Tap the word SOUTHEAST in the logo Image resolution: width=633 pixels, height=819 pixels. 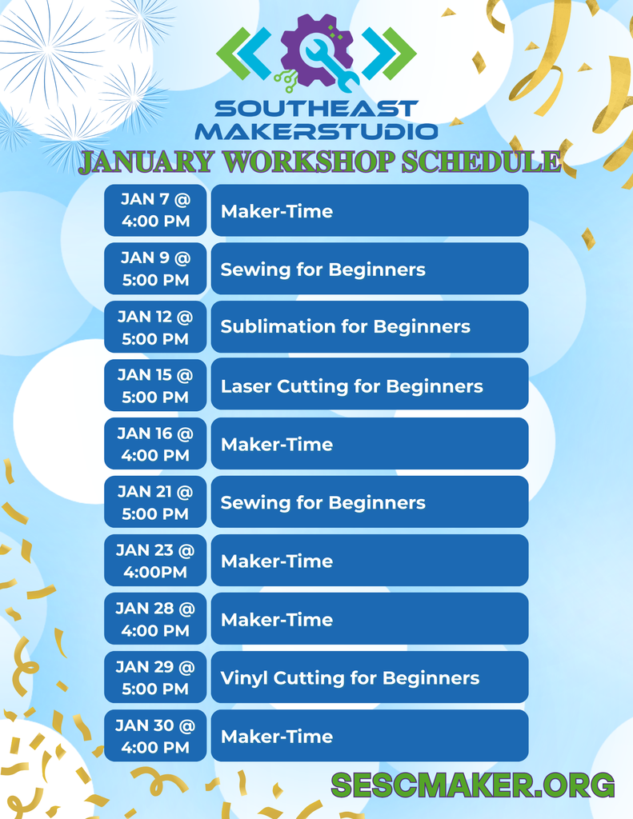pos(316,109)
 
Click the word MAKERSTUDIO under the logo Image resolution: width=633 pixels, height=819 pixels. pos(316,131)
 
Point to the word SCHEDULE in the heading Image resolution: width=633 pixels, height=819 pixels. pos(480,161)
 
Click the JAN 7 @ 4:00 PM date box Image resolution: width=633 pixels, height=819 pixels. pos(155,210)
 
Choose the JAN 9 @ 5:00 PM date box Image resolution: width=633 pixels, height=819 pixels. pos(155,269)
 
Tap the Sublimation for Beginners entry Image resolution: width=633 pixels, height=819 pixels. pos(369,327)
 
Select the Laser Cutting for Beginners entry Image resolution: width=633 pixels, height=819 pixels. pos(369,386)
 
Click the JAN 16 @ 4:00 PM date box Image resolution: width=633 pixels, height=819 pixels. pos(155,444)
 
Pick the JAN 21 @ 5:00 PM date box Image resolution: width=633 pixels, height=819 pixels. pos(155,502)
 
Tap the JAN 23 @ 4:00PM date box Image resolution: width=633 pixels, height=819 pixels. pos(155,561)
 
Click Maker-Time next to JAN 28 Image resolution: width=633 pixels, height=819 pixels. pos(369,619)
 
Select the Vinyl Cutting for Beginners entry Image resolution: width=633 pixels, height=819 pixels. pos(369,678)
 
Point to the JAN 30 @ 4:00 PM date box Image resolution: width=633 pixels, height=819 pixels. pos(155,736)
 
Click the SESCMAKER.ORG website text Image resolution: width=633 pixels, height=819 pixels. pos(472,785)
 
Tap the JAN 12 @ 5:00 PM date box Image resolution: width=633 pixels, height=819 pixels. pos(155,327)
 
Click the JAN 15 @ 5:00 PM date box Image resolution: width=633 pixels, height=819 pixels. pos(155,386)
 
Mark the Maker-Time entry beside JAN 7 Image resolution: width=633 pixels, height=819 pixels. pos(369,211)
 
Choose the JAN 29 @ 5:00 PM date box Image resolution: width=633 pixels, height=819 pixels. pos(155,677)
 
